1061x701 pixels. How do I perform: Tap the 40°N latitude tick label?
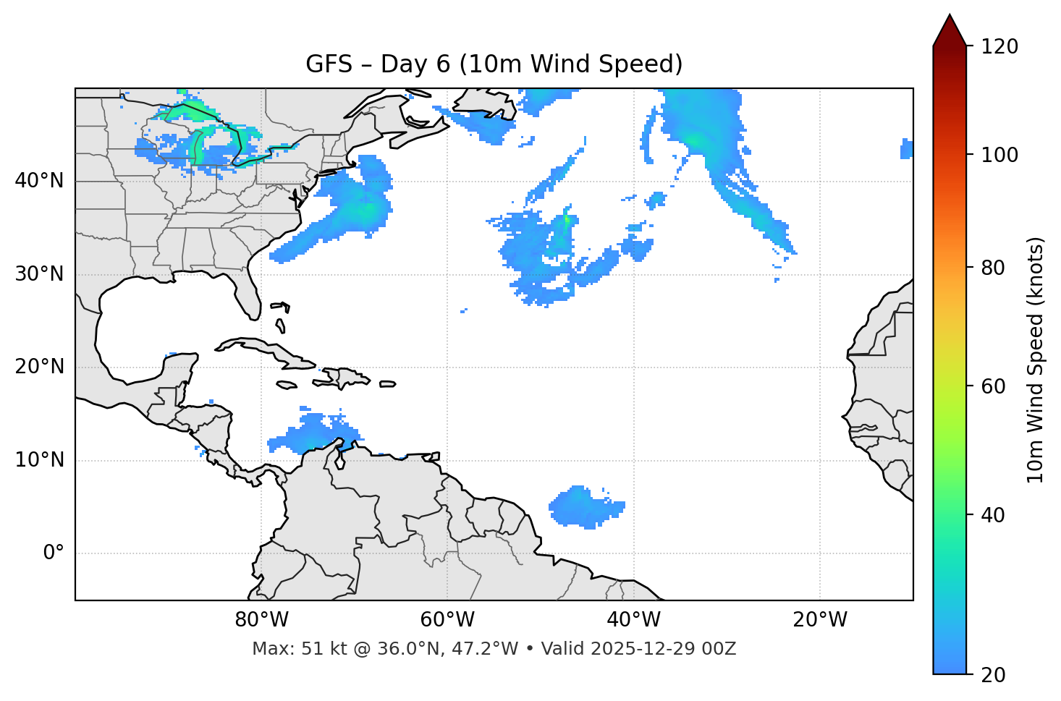[x=39, y=181]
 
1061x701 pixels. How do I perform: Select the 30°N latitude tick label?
[x=39, y=274]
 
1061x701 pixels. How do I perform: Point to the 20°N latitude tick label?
[x=39, y=367]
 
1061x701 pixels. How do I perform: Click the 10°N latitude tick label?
[x=39, y=460]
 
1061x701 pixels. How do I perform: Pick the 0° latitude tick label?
[x=54, y=553]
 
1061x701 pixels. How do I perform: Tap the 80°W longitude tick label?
[x=261, y=620]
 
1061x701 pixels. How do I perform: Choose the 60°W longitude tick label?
[x=447, y=620]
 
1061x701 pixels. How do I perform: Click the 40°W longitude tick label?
[x=633, y=620]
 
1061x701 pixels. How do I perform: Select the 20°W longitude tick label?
[x=819, y=620]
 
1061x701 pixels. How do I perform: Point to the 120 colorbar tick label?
[x=999, y=47]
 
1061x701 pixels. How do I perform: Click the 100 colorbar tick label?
[x=999, y=155]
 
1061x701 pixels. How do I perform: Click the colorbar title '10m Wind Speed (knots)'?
[x=1036, y=360]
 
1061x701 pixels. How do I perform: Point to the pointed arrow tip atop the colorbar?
[x=950, y=18]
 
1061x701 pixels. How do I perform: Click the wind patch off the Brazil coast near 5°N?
[x=583, y=506]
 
